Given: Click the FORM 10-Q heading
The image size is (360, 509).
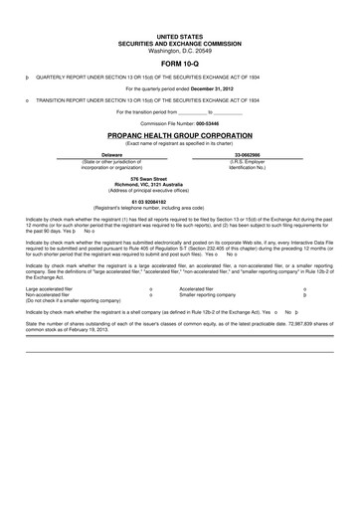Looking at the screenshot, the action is [179, 61].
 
